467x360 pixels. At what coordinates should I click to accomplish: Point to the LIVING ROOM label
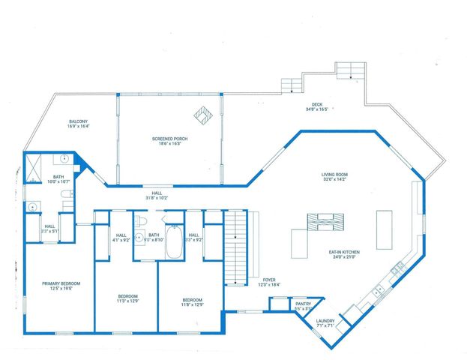[335, 175]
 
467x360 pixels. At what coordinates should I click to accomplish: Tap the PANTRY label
[304, 305]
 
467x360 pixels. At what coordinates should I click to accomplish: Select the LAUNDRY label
[325, 322]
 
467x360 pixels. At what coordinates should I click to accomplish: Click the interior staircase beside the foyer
[237, 247]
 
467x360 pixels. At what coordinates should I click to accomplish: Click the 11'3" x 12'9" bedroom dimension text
[127, 301]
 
